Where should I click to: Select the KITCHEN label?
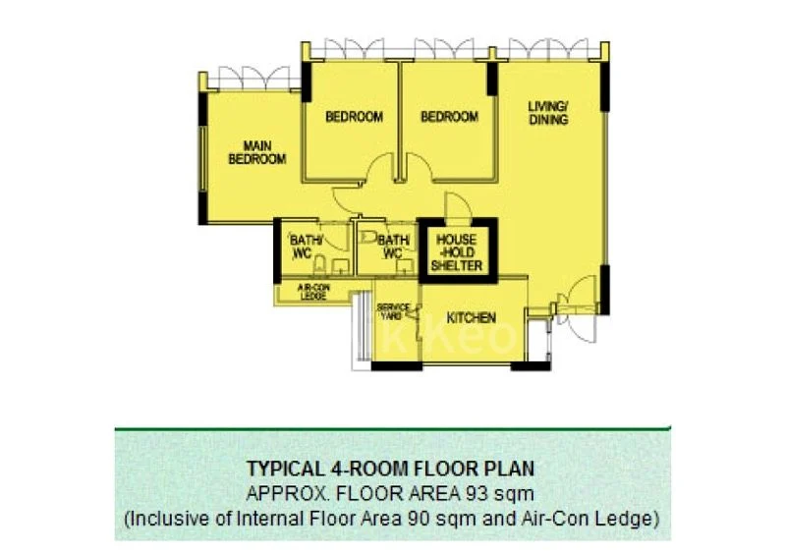tap(471, 318)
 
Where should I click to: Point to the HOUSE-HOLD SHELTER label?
tap(458, 252)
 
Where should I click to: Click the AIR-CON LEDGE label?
tap(312, 292)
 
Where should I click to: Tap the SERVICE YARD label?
tap(393, 310)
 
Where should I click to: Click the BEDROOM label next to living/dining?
tap(449, 117)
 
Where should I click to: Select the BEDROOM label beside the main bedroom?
tap(354, 117)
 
